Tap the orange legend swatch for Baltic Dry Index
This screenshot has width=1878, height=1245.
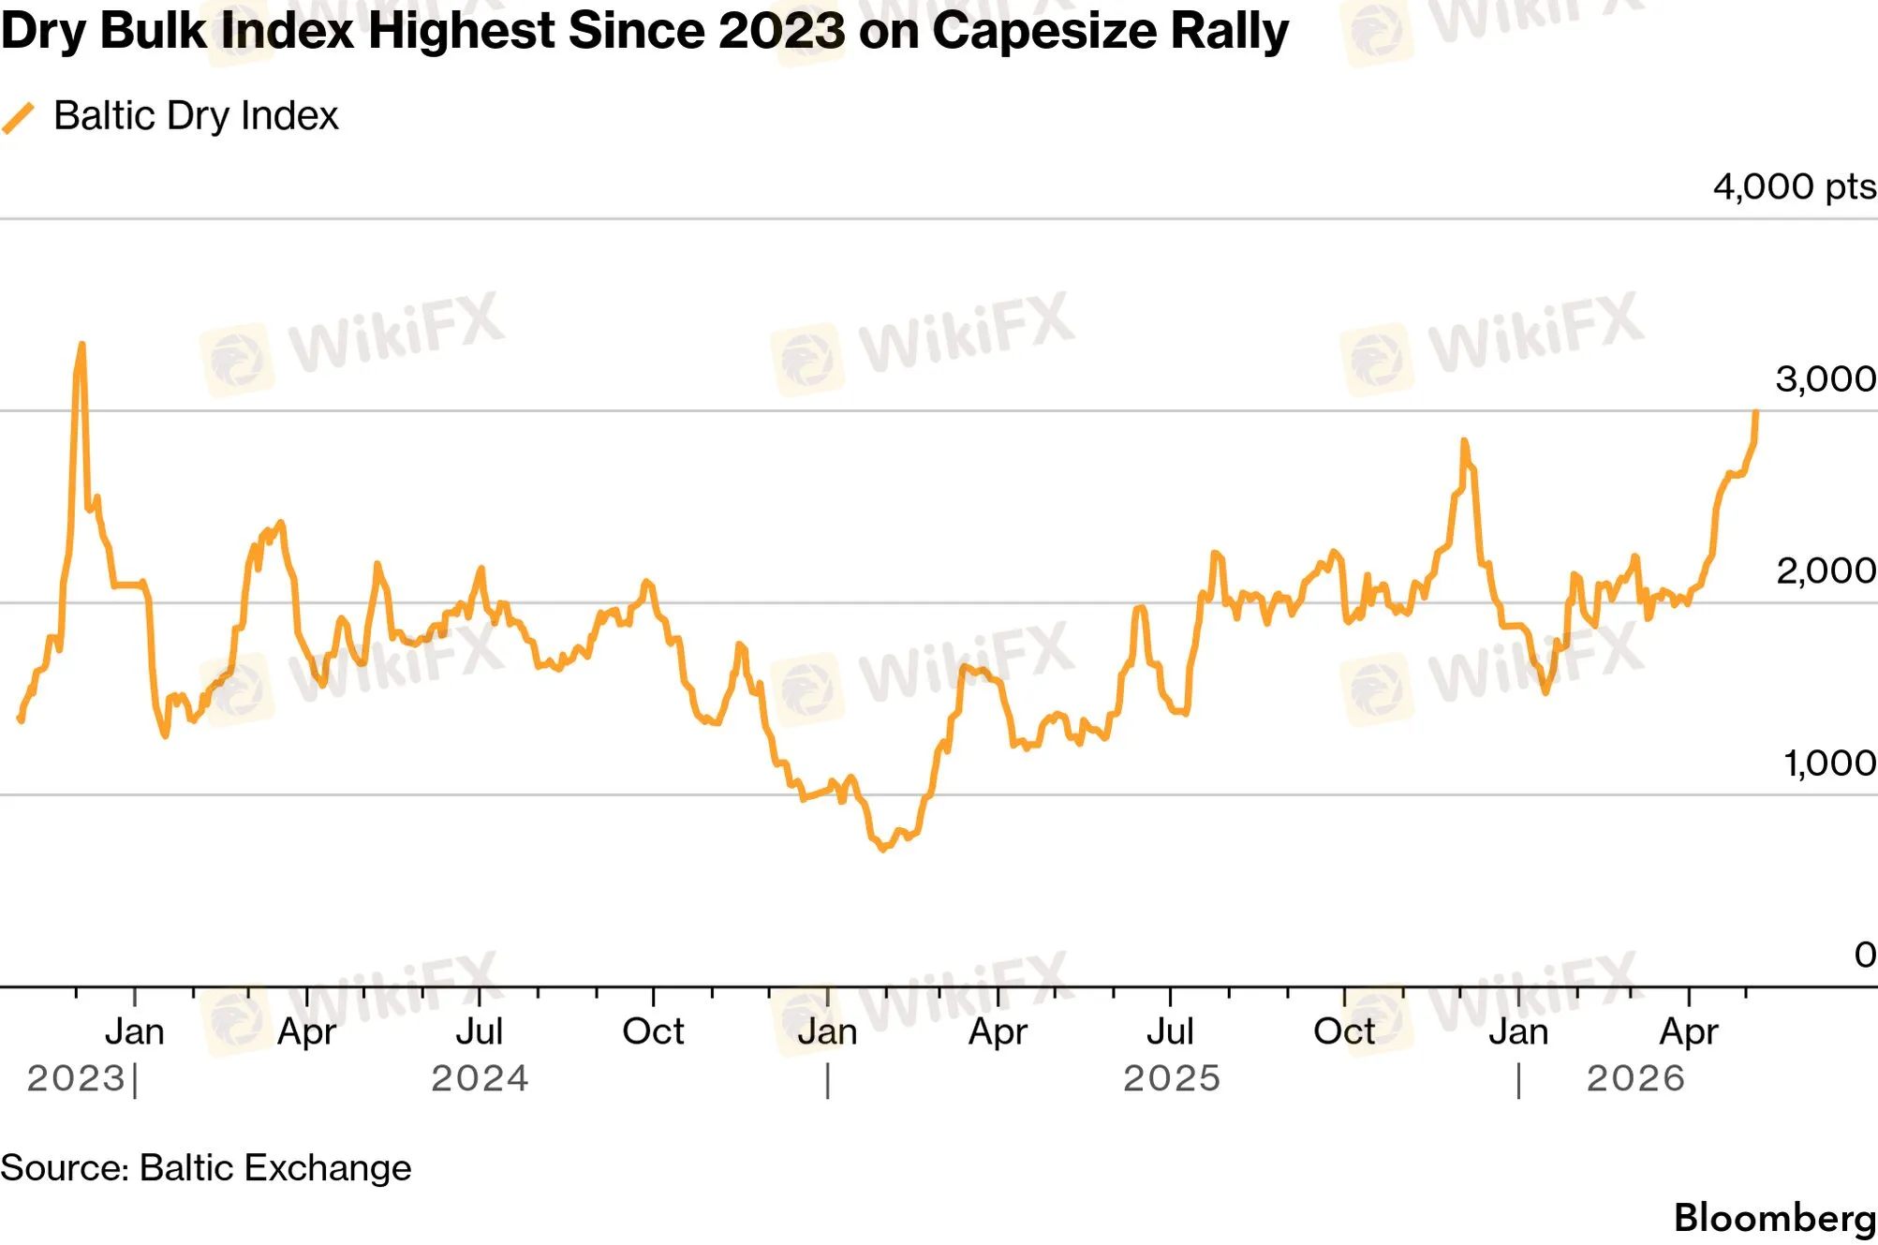(x=18, y=118)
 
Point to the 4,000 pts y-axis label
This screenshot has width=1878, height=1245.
(x=1794, y=186)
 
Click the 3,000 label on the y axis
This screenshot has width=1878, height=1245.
(x=1826, y=379)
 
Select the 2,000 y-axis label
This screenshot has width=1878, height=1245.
(x=1826, y=571)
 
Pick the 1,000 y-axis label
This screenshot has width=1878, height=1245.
(x=1829, y=763)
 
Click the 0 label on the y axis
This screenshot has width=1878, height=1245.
(x=1865, y=955)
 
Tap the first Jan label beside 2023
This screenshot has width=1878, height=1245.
(x=135, y=1031)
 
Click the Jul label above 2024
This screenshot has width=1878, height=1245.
(x=480, y=1031)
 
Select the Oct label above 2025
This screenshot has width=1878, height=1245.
(x=1344, y=1031)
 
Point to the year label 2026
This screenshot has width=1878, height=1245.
(x=1635, y=1078)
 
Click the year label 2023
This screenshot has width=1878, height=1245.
(x=76, y=1078)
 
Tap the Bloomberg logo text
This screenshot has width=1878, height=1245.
(x=1775, y=1218)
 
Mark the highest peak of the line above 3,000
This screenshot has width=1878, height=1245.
(x=81, y=345)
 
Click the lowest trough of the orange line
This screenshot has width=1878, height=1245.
(x=882, y=848)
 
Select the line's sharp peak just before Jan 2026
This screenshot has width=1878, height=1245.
(x=1464, y=441)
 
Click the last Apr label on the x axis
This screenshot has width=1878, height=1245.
(x=1689, y=1032)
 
